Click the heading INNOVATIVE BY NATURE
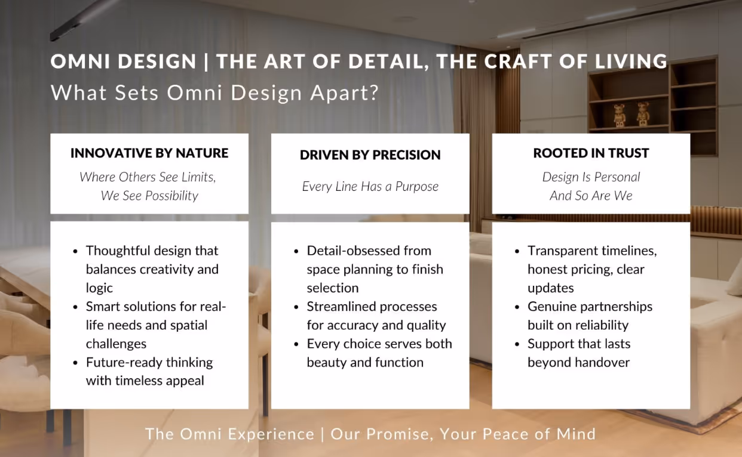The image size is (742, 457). tap(149, 153)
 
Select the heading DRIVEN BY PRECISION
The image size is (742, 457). tap(370, 155)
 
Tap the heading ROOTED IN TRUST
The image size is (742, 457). tap(591, 153)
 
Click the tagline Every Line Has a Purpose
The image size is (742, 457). tap(370, 187)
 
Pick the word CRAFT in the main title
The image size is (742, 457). tap(519, 61)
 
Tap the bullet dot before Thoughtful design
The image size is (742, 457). tap(75, 251)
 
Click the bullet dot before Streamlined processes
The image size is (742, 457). tap(296, 307)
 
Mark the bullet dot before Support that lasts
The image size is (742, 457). tap(517, 345)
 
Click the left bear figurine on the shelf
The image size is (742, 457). tap(619, 115)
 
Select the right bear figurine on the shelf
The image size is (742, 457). tap(643, 114)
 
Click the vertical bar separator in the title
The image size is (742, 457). tap(206, 62)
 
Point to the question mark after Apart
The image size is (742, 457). tap(375, 92)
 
